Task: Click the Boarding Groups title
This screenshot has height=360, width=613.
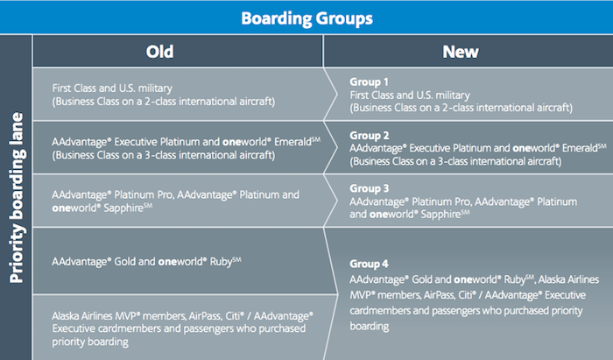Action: pyautogui.click(x=306, y=17)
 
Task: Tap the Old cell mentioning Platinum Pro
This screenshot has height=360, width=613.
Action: pyautogui.click(x=176, y=201)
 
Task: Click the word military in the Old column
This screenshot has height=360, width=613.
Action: pyautogui.click(x=153, y=88)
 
